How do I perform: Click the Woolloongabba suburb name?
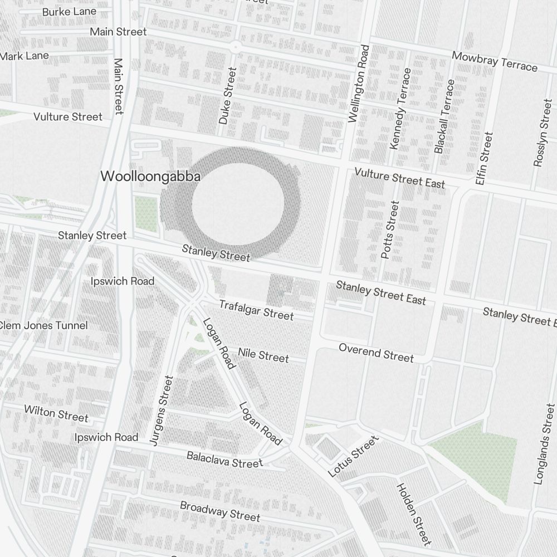click(150, 176)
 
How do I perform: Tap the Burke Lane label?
click(69, 11)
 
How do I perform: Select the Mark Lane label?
click(25, 56)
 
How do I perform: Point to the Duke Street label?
click(227, 96)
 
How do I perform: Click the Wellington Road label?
click(358, 84)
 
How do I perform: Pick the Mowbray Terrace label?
click(495, 61)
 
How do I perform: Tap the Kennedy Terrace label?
click(400, 109)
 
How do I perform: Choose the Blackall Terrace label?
click(444, 116)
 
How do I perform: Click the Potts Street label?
click(390, 229)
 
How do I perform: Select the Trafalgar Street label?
click(256, 310)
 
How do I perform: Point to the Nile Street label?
click(263, 355)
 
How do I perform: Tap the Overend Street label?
click(377, 353)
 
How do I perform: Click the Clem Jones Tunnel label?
click(45, 325)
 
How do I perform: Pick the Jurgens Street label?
click(162, 410)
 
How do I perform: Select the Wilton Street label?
click(56, 413)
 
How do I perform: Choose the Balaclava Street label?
click(224, 460)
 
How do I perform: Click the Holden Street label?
click(413, 514)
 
